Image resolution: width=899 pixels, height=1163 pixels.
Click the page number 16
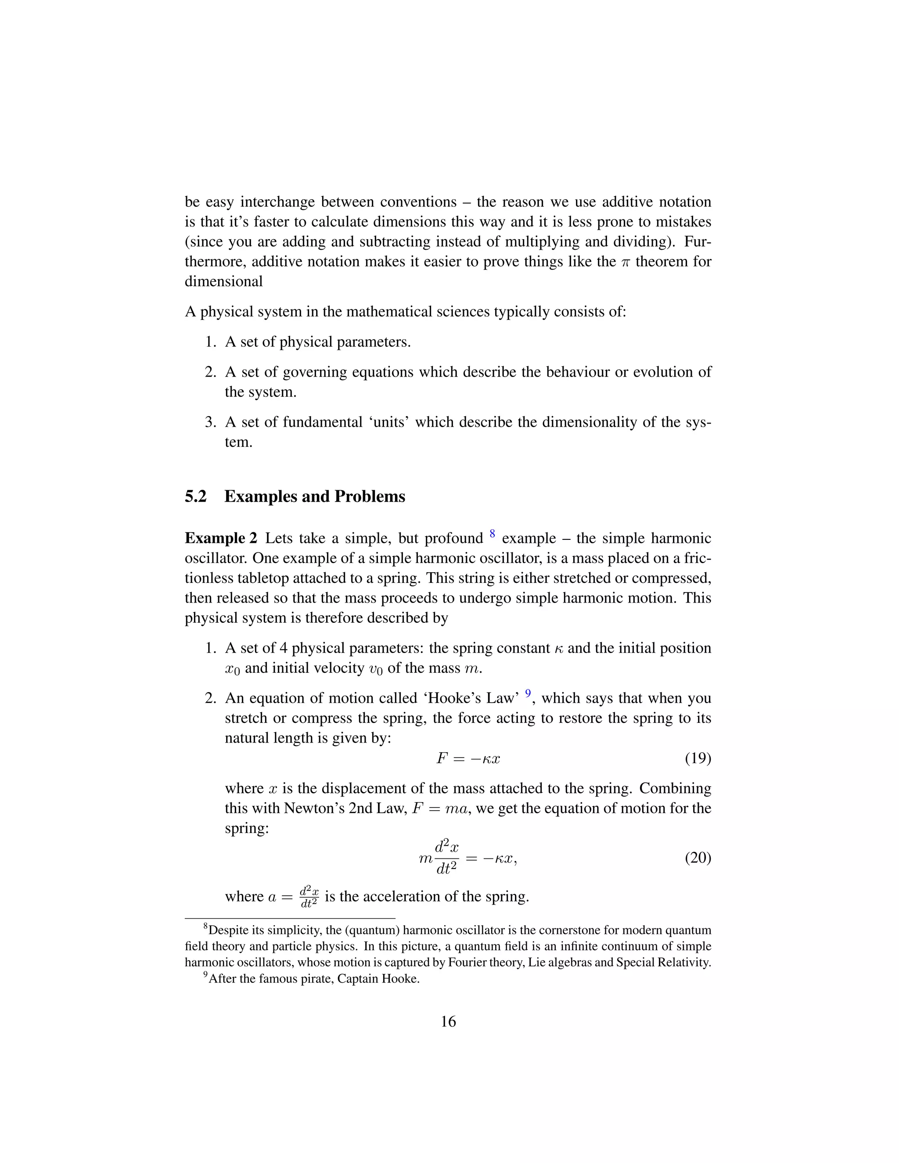click(449, 1021)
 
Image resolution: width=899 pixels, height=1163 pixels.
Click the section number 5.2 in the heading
click(195, 496)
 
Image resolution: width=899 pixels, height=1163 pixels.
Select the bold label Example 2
click(221, 538)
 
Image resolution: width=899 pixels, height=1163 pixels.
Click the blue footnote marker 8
click(492, 534)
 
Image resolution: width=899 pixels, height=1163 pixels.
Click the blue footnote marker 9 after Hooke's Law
click(528, 693)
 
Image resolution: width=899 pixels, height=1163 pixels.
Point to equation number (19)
click(698, 758)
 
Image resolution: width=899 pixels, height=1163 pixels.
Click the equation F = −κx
click(468, 758)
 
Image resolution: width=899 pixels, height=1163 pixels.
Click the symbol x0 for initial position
click(233, 669)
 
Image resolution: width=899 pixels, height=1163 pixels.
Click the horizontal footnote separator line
click(290, 918)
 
